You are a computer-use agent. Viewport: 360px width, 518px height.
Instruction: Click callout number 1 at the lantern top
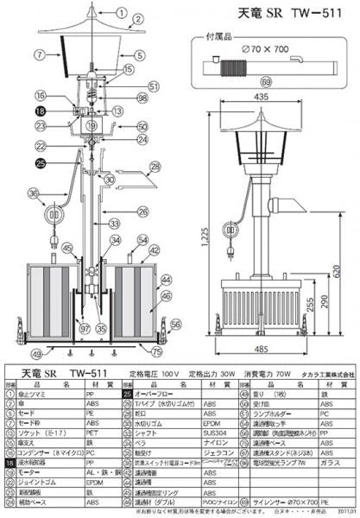(121, 14)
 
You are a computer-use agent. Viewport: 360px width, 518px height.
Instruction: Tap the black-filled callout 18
(41, 111)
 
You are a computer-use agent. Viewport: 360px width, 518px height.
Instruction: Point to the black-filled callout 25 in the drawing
(41, 163)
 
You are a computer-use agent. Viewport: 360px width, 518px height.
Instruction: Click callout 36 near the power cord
(34, 193)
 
